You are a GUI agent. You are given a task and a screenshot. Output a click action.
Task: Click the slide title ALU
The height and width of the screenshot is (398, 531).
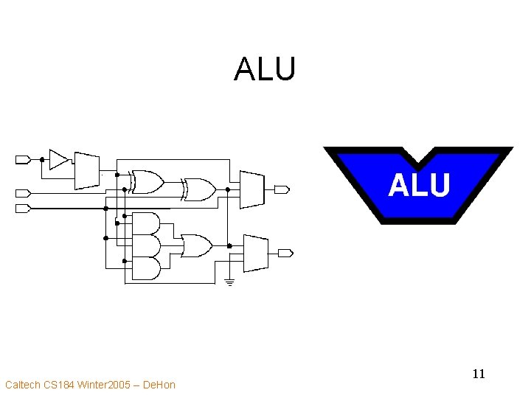[x=265, y=70]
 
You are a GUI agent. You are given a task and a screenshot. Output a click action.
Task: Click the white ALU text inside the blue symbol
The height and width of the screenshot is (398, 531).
[x=419, y=185]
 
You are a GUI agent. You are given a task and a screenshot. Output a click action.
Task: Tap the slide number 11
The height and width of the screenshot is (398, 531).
[x=479, y=374]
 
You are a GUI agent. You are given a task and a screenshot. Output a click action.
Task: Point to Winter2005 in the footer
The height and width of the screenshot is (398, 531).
[x=105, y=385]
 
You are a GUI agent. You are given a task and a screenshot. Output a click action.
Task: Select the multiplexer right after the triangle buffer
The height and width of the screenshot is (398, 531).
[x=86, y=171]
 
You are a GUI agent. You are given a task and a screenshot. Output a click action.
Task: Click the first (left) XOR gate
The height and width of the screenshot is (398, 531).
[x=147, y=181]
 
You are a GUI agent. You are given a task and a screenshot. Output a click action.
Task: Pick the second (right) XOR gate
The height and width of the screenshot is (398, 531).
[x=200, y=189]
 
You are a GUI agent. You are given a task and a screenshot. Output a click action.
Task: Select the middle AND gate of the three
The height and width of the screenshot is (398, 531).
[x=145, y=245]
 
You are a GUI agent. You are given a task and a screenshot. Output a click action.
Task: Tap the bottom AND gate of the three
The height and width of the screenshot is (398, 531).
[x=145, y=268]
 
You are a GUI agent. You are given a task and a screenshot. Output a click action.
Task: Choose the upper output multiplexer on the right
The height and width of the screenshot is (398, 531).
[x=251, y=189]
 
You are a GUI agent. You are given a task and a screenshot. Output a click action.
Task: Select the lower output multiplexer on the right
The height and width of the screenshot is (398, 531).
[x=254, y=253]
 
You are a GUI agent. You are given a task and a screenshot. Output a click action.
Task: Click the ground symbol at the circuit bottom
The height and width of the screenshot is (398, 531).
[x=229, y=282]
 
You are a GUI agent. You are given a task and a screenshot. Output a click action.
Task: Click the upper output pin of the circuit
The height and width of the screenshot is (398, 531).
[x=281, y=189]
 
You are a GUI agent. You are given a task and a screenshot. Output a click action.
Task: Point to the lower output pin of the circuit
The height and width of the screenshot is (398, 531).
[x=285, y=253]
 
